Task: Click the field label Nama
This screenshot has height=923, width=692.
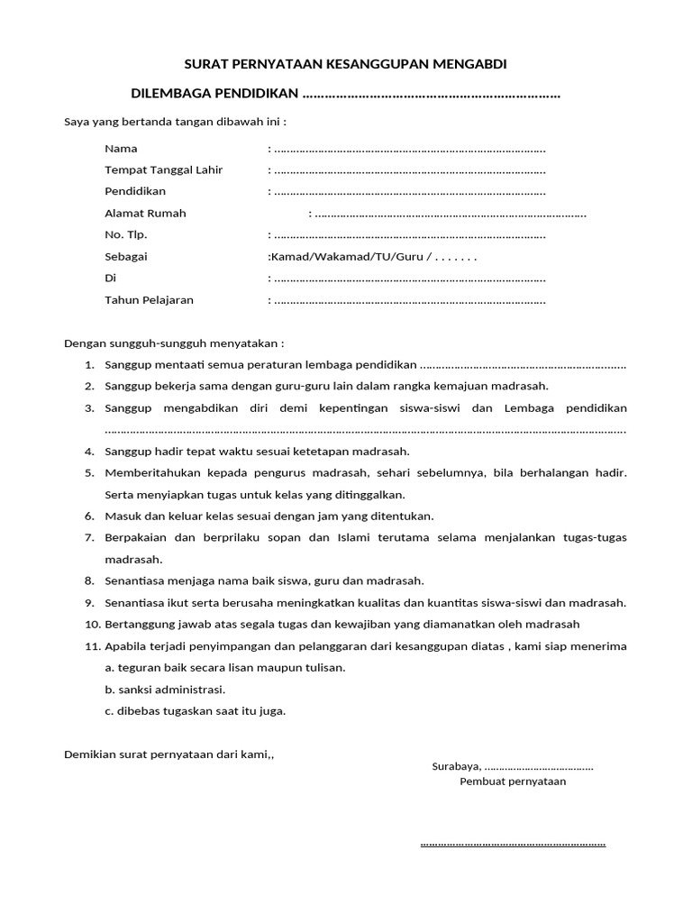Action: click(x=121, y=148)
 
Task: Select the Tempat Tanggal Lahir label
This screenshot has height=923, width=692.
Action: click(x=163, y=169)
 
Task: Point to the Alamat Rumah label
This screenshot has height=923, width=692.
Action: click(x=145, y=214)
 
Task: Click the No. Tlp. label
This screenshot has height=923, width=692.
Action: click(x=125, y=234)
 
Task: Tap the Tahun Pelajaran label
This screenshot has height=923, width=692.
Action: click(x=149, y=300)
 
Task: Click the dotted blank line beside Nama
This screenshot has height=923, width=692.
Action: click(x=410, y=150)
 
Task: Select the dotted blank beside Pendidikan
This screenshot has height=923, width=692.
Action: click(x=410, y=193)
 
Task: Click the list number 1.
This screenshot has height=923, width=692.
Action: click(x=89, y=365)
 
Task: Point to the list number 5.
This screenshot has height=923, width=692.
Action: click(x=89, y=473)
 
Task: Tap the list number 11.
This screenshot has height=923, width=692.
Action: click(x=91, y=646)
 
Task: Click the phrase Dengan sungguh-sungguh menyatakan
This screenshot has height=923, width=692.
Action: click(x=174, y=343)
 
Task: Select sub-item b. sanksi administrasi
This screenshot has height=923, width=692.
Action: click(x=165, y=690)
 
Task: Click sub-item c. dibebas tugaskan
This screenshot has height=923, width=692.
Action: click(x=195, y=711)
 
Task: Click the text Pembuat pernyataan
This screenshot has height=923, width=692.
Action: click(x=513, y=781)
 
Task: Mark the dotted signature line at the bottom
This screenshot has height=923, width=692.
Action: click(x=513, y=845)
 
